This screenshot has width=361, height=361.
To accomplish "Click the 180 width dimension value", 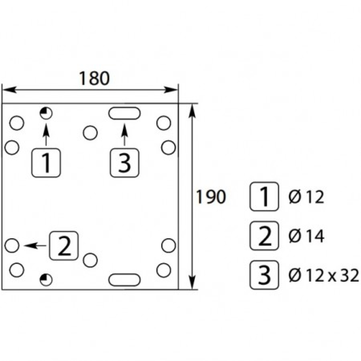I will pos(94,79).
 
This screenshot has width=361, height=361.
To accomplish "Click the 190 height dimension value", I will pos(211,197).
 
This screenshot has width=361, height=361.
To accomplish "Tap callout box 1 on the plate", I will pos(46,163).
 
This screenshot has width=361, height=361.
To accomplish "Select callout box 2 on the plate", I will pos(64,245).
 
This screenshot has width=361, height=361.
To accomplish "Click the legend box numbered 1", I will pos(264,197).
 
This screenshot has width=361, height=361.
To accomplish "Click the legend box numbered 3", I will pos(264,275).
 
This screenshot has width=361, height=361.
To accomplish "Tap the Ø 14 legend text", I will pos(306,236).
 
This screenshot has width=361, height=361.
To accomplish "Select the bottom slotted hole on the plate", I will pos(124,279).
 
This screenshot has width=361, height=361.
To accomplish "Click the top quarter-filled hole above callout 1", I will pos(46,113).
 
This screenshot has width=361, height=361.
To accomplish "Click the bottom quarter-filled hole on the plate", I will pos(46,279).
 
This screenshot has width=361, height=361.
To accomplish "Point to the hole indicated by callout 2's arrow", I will pos(12,245).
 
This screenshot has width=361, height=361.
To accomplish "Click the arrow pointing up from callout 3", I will pos(125,136).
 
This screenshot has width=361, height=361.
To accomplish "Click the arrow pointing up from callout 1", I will pos(46,135).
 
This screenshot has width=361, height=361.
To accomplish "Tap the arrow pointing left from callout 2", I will pos(35,245).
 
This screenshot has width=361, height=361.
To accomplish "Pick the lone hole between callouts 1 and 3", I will pos(90,132).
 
